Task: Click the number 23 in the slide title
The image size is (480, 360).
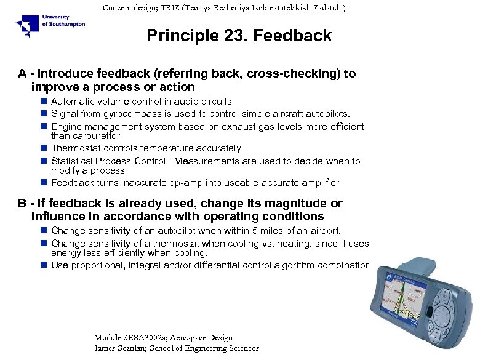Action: [228, 36]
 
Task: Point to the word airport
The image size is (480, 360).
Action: [322, 231]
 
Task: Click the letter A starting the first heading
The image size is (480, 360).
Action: [22, 74]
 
